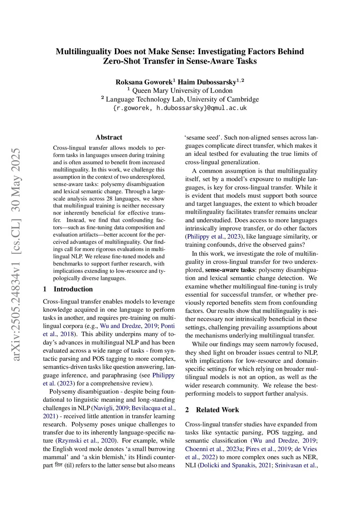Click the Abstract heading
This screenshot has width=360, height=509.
coord(109,137)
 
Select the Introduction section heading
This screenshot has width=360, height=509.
coord(73,289)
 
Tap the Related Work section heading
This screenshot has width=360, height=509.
coord(217,410)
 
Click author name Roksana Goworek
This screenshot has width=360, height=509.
coord(144,82)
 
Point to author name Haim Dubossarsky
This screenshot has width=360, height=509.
coord(207,82)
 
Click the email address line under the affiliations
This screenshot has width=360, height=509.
coord(180,108)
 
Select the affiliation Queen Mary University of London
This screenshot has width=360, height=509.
coord(182,91)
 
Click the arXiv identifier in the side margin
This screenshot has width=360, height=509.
coord(16,254)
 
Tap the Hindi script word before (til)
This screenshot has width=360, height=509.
coord(58,465)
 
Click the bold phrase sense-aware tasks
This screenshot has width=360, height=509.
coord(230,270)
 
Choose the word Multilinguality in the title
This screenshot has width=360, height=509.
coord(84,52)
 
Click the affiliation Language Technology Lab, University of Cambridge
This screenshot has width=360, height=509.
coord(182,99)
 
